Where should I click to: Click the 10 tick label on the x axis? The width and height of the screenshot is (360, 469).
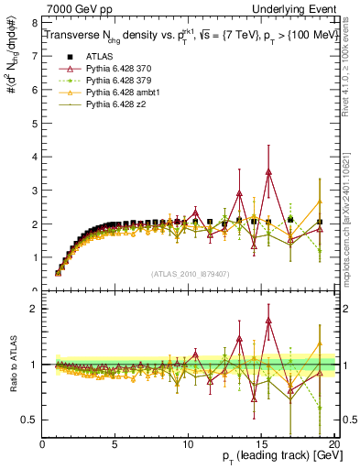tap(188, 443)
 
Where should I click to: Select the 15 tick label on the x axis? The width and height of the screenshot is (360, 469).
tap(261, 443)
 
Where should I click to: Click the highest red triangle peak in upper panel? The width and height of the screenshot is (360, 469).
tap(268, 171)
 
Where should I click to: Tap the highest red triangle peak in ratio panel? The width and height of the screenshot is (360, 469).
tap(268, 321)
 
